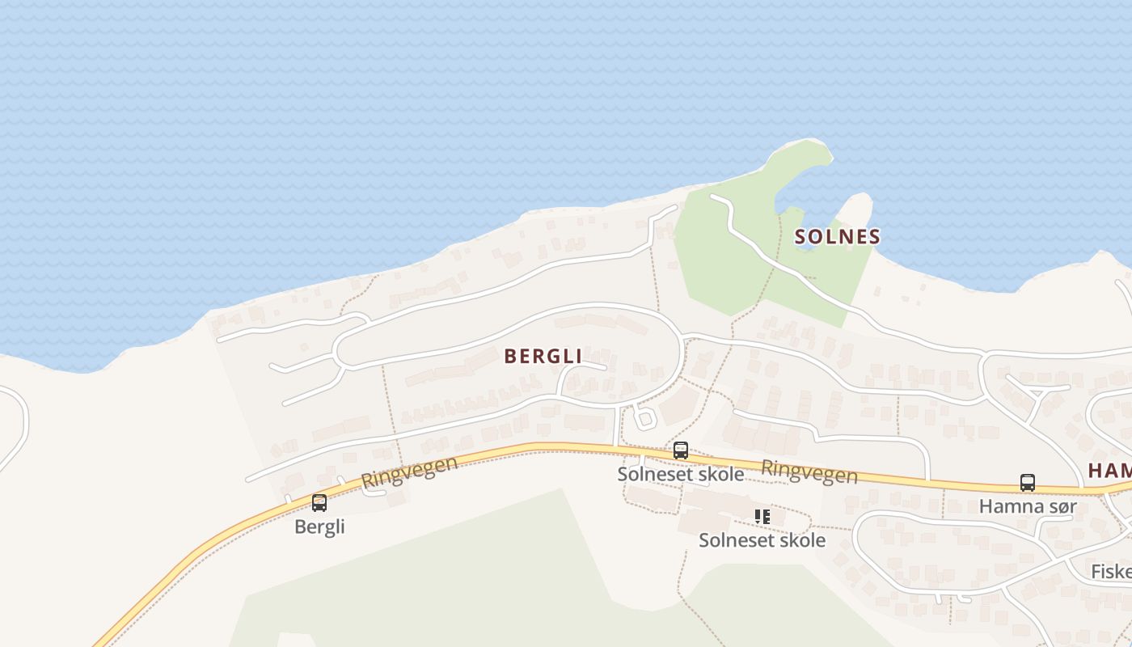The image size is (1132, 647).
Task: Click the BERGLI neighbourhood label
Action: point(543,356)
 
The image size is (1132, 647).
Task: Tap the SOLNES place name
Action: point(837,236)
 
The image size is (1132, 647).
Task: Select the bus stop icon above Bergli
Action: point(319,503)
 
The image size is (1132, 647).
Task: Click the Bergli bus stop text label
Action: point(319,526)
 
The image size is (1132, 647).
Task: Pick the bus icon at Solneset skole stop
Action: point(681,450)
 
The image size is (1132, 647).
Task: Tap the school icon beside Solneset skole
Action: point(762,516)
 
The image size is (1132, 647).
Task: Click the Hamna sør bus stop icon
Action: point(1027,483)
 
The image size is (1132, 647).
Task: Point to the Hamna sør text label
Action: point(1028,506)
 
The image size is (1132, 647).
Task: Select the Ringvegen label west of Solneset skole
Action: point(409,472)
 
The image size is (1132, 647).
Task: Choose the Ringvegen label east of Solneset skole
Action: point(809,472)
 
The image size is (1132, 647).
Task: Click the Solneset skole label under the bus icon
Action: point(680,474)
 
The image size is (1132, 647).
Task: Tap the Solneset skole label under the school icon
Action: point(762,539)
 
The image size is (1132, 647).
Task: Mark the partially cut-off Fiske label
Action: point(1112,571)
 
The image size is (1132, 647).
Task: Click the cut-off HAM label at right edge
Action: point(1109,470)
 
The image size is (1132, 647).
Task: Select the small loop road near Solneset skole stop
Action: point(644,417)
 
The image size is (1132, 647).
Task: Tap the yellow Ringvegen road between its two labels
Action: point(566,447)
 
